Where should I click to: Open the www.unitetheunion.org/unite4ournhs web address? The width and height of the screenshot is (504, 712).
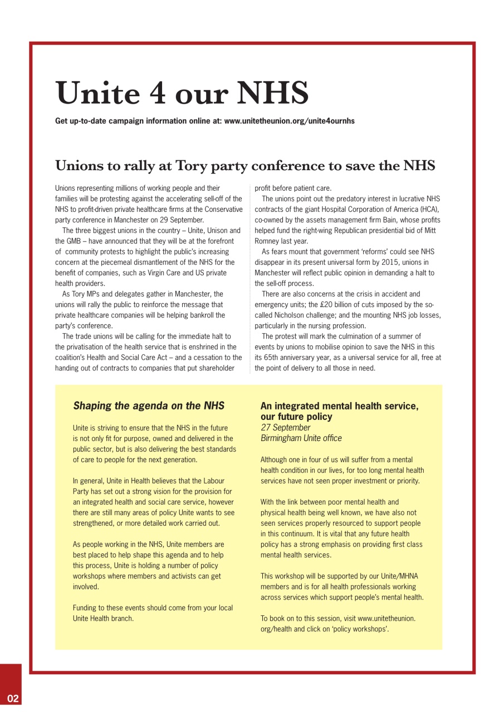point(289,121)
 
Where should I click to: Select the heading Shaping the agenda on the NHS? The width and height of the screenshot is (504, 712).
point(149,406)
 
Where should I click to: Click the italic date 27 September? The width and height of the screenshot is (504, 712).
point(285,427)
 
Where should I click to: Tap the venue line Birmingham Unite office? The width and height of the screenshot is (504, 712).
point(301,438)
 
